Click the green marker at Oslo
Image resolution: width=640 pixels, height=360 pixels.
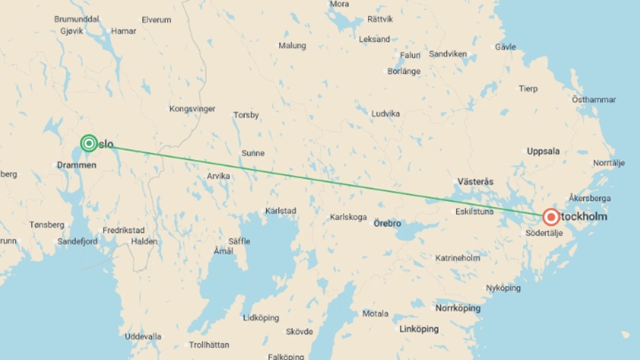(x=89, y=143)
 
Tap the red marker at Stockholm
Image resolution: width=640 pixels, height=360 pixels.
(x=551, y=217)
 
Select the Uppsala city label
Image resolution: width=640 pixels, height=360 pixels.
(x=543, y=151)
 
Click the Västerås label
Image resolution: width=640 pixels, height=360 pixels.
(x=475, y=182)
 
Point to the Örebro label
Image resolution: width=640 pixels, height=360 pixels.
(x=387, y=223)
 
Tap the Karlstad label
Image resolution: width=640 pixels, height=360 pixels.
(x=281, y=211)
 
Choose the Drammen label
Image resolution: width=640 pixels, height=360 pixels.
(x=77, y=165)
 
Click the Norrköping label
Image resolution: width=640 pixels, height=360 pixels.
(x=458, y=308)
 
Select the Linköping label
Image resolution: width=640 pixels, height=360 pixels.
(x=419, y=329)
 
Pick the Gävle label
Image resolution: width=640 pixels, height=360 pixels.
(x=505, y=47)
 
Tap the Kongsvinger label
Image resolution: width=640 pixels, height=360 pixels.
(x=192, y=109)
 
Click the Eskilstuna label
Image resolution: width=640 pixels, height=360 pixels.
(x=474, y=211)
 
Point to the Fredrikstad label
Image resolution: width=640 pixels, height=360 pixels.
(x=123, y=230)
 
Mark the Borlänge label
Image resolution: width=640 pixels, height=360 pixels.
(x=404, y=71)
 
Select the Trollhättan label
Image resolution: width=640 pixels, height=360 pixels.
(x=209, y=345)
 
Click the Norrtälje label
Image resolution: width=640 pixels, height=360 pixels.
(x=609, y=163)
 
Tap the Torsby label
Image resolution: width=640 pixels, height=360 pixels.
(x=246, y=115)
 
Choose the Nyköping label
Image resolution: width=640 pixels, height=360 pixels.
(x=503, y=288)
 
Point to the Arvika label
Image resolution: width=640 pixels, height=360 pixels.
(x=218, y=176)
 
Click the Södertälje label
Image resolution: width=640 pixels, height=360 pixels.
(x=544, y=233)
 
